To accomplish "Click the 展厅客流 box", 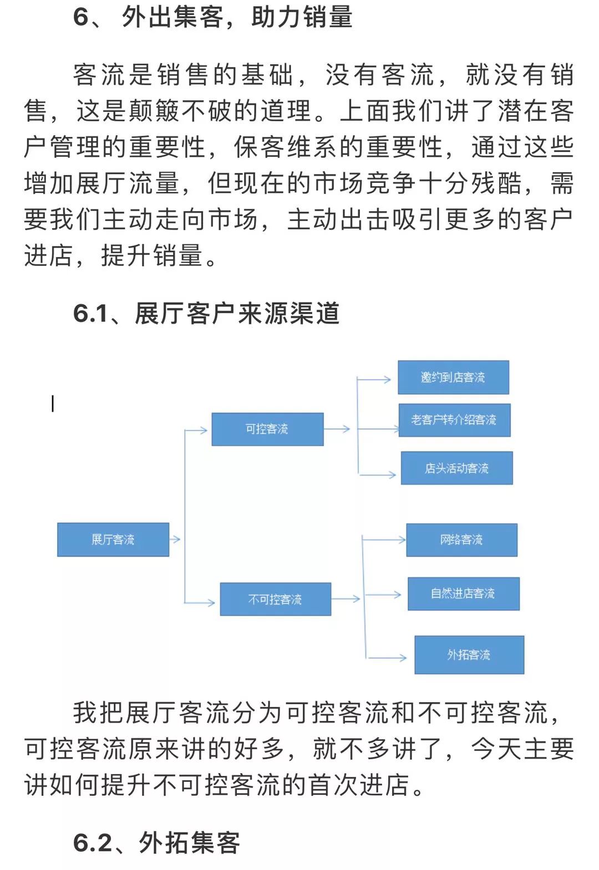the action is [x=113, y=540].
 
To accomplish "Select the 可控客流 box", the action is [x=267, y=429].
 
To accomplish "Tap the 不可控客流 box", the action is [x=276, y=599].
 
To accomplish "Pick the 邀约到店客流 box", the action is [x=453, y=377].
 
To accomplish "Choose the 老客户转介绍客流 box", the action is [x=454, y=420].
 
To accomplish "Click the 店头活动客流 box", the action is [x=456, y=468].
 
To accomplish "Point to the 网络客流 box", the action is [x=462, y=540].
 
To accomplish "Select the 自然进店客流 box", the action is [x=463, y=593].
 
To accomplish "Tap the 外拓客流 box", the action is [x=469, y=655].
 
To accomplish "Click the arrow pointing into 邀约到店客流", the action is [x=374, y=380].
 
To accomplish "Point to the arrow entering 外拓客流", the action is [x=387, y=658].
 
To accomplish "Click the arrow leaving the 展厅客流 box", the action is [x=175, y=539].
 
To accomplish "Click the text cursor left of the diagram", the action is [x=53, y=403].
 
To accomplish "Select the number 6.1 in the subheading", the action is [x=90, y=313].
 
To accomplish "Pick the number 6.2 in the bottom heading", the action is [x=92, y=843].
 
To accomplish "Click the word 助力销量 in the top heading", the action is [x=302, y=17].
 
